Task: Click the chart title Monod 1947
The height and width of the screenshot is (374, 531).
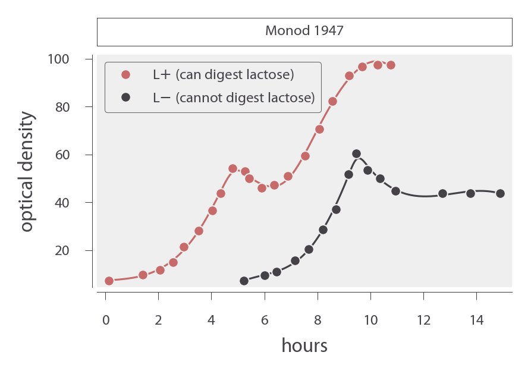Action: [304, 31]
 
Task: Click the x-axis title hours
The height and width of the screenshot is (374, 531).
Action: [304, 345]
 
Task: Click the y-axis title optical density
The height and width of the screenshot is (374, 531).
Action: [27, 172]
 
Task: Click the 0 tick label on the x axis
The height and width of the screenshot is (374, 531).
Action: [106, 320]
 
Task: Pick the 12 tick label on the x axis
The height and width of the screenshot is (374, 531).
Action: [423, 320]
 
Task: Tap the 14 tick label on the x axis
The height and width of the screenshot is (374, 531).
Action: [476, 320]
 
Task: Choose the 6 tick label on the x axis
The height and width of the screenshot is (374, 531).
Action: [265, 320]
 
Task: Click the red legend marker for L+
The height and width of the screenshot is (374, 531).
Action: [125, 75]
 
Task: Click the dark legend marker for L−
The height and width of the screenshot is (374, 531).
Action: [125, 98]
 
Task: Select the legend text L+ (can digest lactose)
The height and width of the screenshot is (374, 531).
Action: [223, 75]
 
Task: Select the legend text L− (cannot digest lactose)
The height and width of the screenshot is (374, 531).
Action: [233, 98]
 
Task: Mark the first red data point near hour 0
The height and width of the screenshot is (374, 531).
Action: [109, 281]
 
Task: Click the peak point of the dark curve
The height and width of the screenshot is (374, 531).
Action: [356, 154]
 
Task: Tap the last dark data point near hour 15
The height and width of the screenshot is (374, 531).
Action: [500, 193]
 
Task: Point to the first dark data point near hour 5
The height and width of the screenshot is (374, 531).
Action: [244, 281]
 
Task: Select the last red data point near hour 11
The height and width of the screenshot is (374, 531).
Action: [391, 65]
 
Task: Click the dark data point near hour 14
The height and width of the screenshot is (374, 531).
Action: [470, 193]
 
